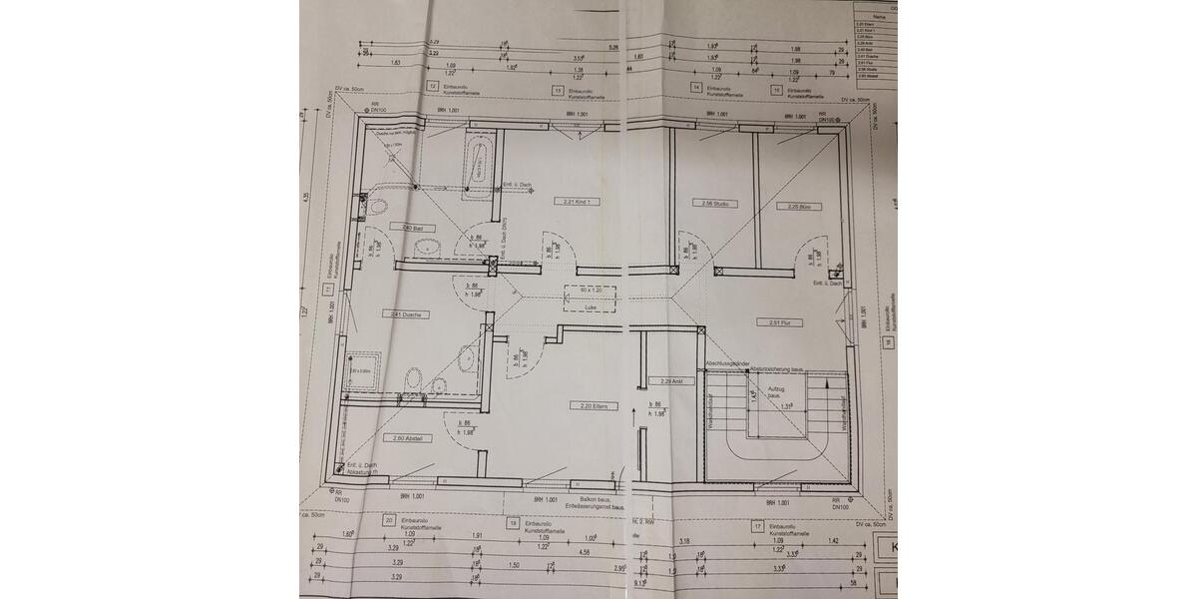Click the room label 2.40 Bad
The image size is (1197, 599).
click(403, 228)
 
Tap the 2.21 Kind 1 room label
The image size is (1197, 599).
click(582, 201)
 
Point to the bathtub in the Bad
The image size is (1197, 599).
click(480, 164)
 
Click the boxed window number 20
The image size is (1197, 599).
click(387, 521)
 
